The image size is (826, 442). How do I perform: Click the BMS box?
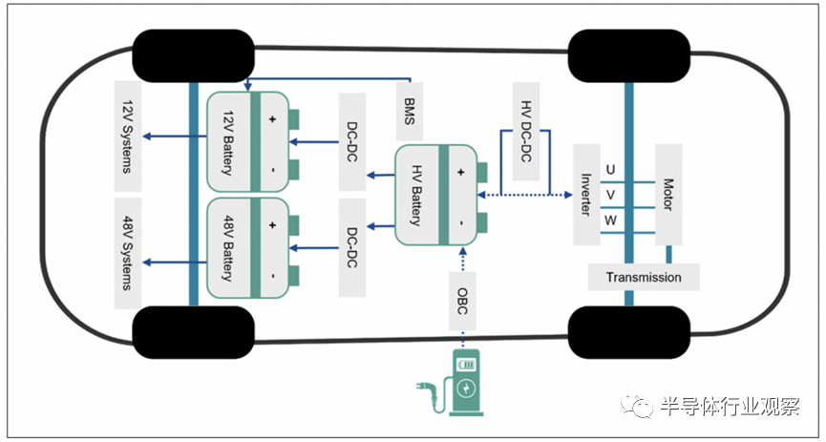(410, 112)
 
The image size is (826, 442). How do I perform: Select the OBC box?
(462, 302)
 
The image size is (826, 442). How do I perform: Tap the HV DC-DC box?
(526, 131)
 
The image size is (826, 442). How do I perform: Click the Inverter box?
(586, 195)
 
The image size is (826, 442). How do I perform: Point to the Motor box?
(668, 195)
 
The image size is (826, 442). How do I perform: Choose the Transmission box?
(644, 277)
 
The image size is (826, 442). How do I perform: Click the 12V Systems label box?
(128, 136)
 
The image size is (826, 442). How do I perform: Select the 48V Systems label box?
(128, 253)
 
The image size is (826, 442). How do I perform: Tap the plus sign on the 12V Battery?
(272, 119)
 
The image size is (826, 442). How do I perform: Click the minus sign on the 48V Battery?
(273, 276)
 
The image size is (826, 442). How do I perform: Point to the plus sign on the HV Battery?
(460, 172)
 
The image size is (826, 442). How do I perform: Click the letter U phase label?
(610, 170)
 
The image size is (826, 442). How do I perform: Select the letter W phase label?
(610, 221)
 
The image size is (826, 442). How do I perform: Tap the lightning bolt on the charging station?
(467, 389)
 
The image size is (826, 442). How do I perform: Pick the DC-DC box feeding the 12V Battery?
(352, 141)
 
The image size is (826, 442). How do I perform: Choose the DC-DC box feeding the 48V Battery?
(352, 247)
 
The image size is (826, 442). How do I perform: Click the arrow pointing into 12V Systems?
(175, 136)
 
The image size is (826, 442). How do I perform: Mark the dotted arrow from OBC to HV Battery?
(462, 259)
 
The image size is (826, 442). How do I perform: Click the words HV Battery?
(416, 195)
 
